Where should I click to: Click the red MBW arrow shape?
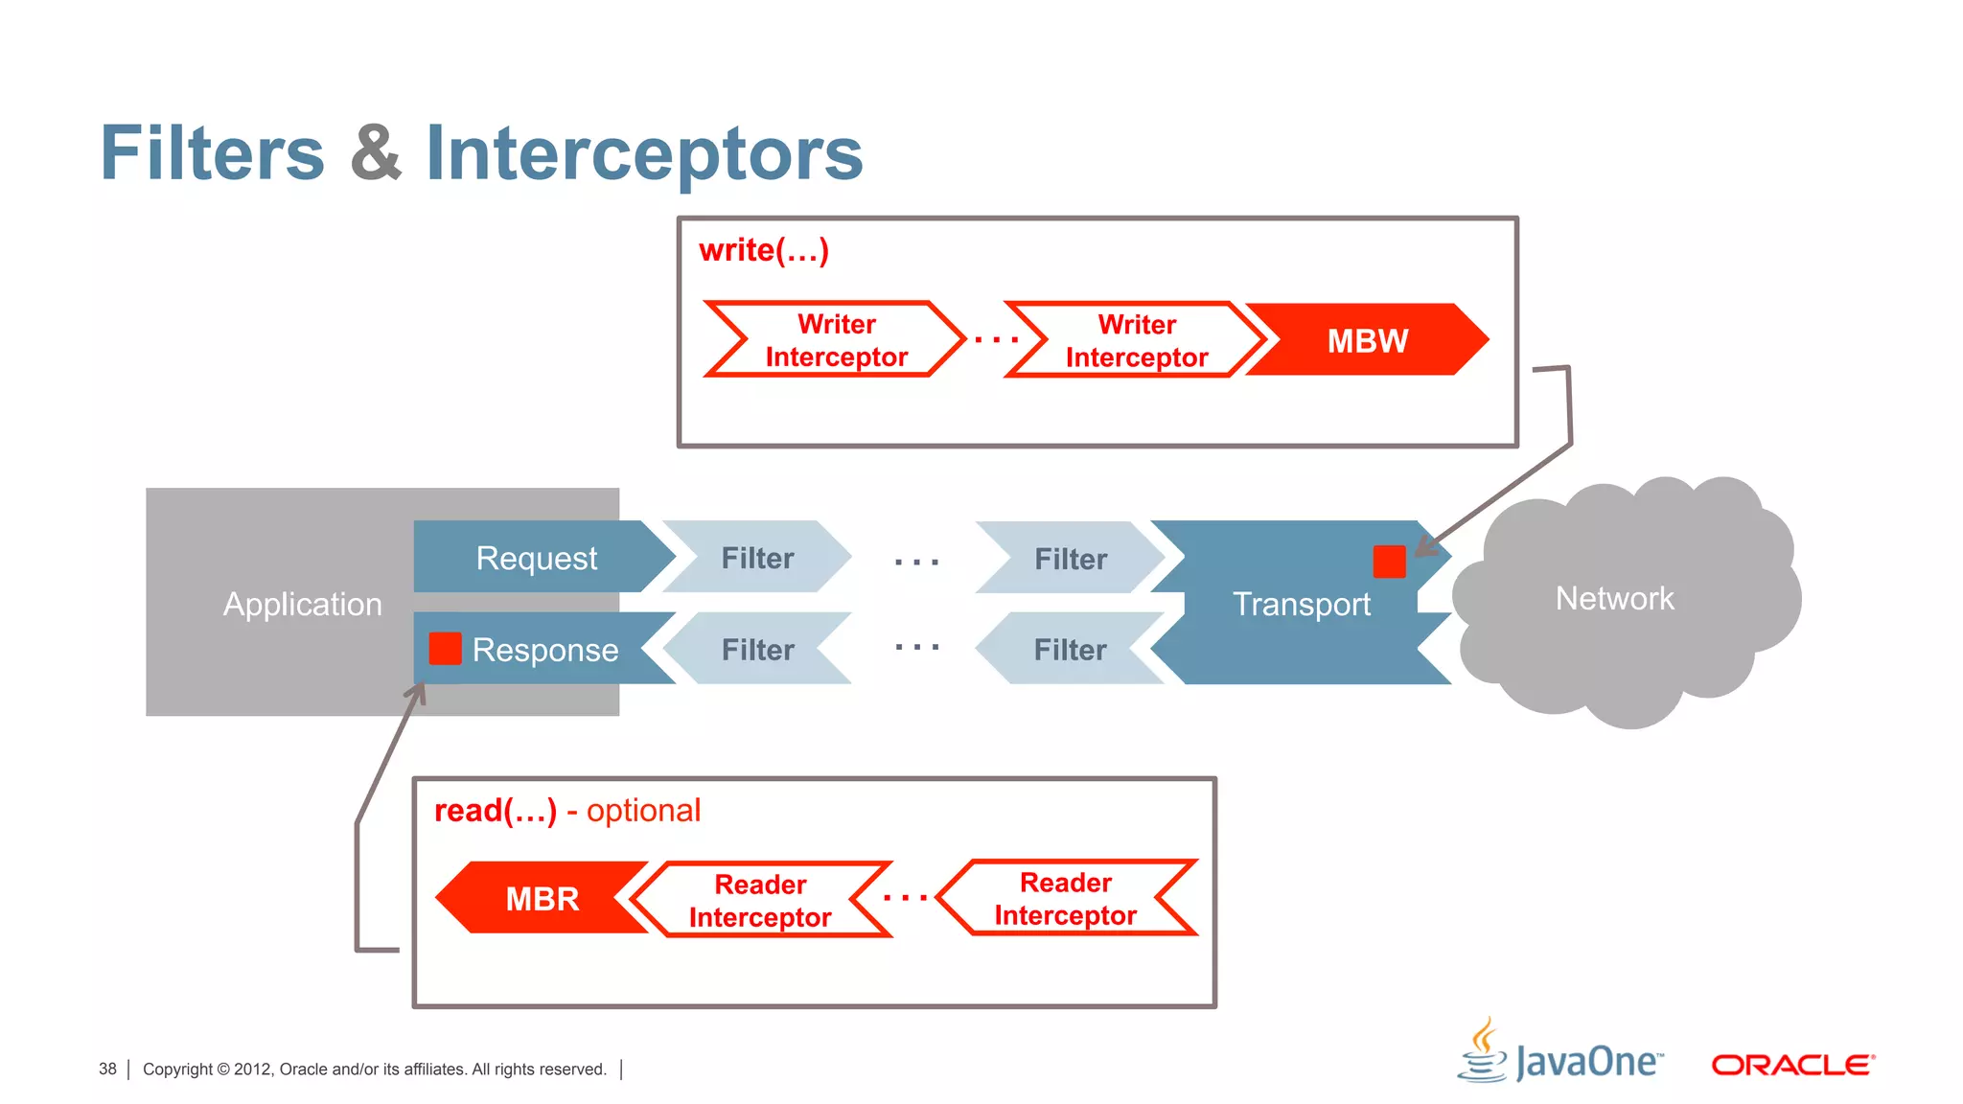[1368, 340]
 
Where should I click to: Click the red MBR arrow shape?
[543, 898]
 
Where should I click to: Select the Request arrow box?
[537, 557]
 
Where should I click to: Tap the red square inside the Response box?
[445, 649]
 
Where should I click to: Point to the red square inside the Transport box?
[1389, 562]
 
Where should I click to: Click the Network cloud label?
[1614, 599]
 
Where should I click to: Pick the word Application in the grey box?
[302, 604]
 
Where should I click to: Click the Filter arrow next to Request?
[757, 558]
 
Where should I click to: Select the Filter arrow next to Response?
[757, 650]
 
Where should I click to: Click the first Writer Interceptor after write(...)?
[836, 340]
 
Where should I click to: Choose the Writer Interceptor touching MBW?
[1137, 341]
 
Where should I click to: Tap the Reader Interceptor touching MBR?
[760, 900]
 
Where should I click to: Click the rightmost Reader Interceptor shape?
[1066, 898]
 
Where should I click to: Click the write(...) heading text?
[764, 250]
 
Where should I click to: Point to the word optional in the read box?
[643, 811]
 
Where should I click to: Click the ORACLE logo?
[1792, 1065]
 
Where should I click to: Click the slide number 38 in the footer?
[107, 1069]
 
